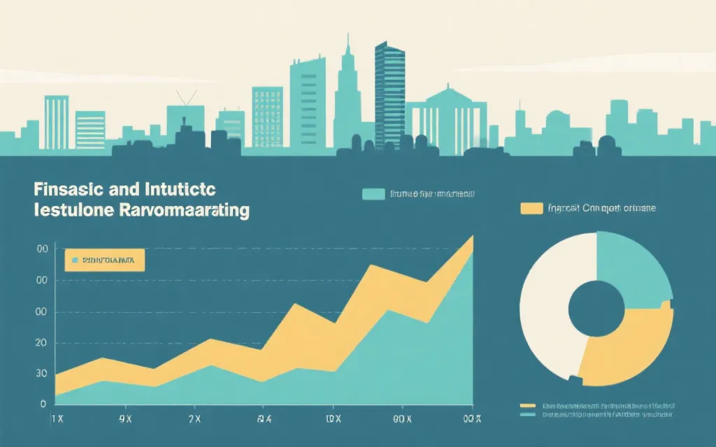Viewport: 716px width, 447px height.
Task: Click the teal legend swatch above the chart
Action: [373, 193]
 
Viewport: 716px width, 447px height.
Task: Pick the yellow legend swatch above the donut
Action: [531, 207]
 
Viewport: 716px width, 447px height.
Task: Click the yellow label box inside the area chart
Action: [104, 260]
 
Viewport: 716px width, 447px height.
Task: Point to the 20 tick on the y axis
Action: [41, 343]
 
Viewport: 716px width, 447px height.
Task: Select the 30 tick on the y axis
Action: [41, 374]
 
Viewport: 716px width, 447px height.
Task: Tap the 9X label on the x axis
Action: [125, 419]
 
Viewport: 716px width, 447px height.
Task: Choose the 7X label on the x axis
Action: [194, 419]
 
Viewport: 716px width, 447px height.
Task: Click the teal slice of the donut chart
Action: [631, 269]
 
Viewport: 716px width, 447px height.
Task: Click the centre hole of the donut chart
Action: [595, 308]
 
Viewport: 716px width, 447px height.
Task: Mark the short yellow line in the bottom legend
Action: [528, 405]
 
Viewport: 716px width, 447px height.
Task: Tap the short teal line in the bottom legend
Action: [528, 414]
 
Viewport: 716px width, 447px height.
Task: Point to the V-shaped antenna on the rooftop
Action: [185, 98]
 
